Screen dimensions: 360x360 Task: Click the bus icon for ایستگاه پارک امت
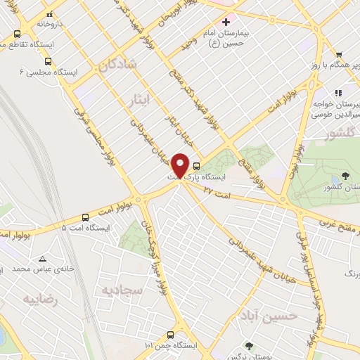196,167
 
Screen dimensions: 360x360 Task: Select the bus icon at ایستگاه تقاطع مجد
17,33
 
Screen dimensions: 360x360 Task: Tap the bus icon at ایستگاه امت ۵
86,217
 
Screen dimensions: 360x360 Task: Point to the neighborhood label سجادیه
122,289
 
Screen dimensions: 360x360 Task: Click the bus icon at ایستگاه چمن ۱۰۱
169,335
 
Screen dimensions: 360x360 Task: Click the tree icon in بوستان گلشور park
344,176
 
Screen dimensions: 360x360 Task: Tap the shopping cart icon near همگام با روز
339,55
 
